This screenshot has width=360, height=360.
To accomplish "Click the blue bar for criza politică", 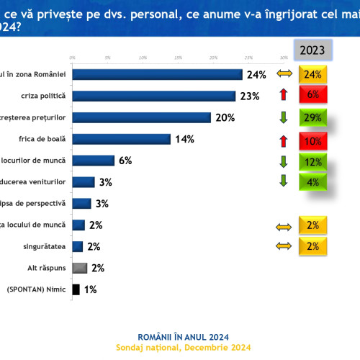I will pos(154,96).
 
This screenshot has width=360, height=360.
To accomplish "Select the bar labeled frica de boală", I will pos(121,139).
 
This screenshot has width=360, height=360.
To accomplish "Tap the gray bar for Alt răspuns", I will pos(80,268).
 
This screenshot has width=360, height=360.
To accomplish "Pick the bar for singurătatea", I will pos(78,246).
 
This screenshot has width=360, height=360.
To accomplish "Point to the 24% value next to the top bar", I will pos(257,74).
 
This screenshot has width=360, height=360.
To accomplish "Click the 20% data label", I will pos(225,117).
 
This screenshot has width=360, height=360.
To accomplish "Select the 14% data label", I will pos(184,139).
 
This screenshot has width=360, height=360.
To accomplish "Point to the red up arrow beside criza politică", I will pos(283,95).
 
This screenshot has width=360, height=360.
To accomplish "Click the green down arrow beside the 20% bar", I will pos(283,117).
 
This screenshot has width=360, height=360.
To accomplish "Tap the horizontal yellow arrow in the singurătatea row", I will pos(283,246).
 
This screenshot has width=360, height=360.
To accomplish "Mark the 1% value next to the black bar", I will pos(91,289).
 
